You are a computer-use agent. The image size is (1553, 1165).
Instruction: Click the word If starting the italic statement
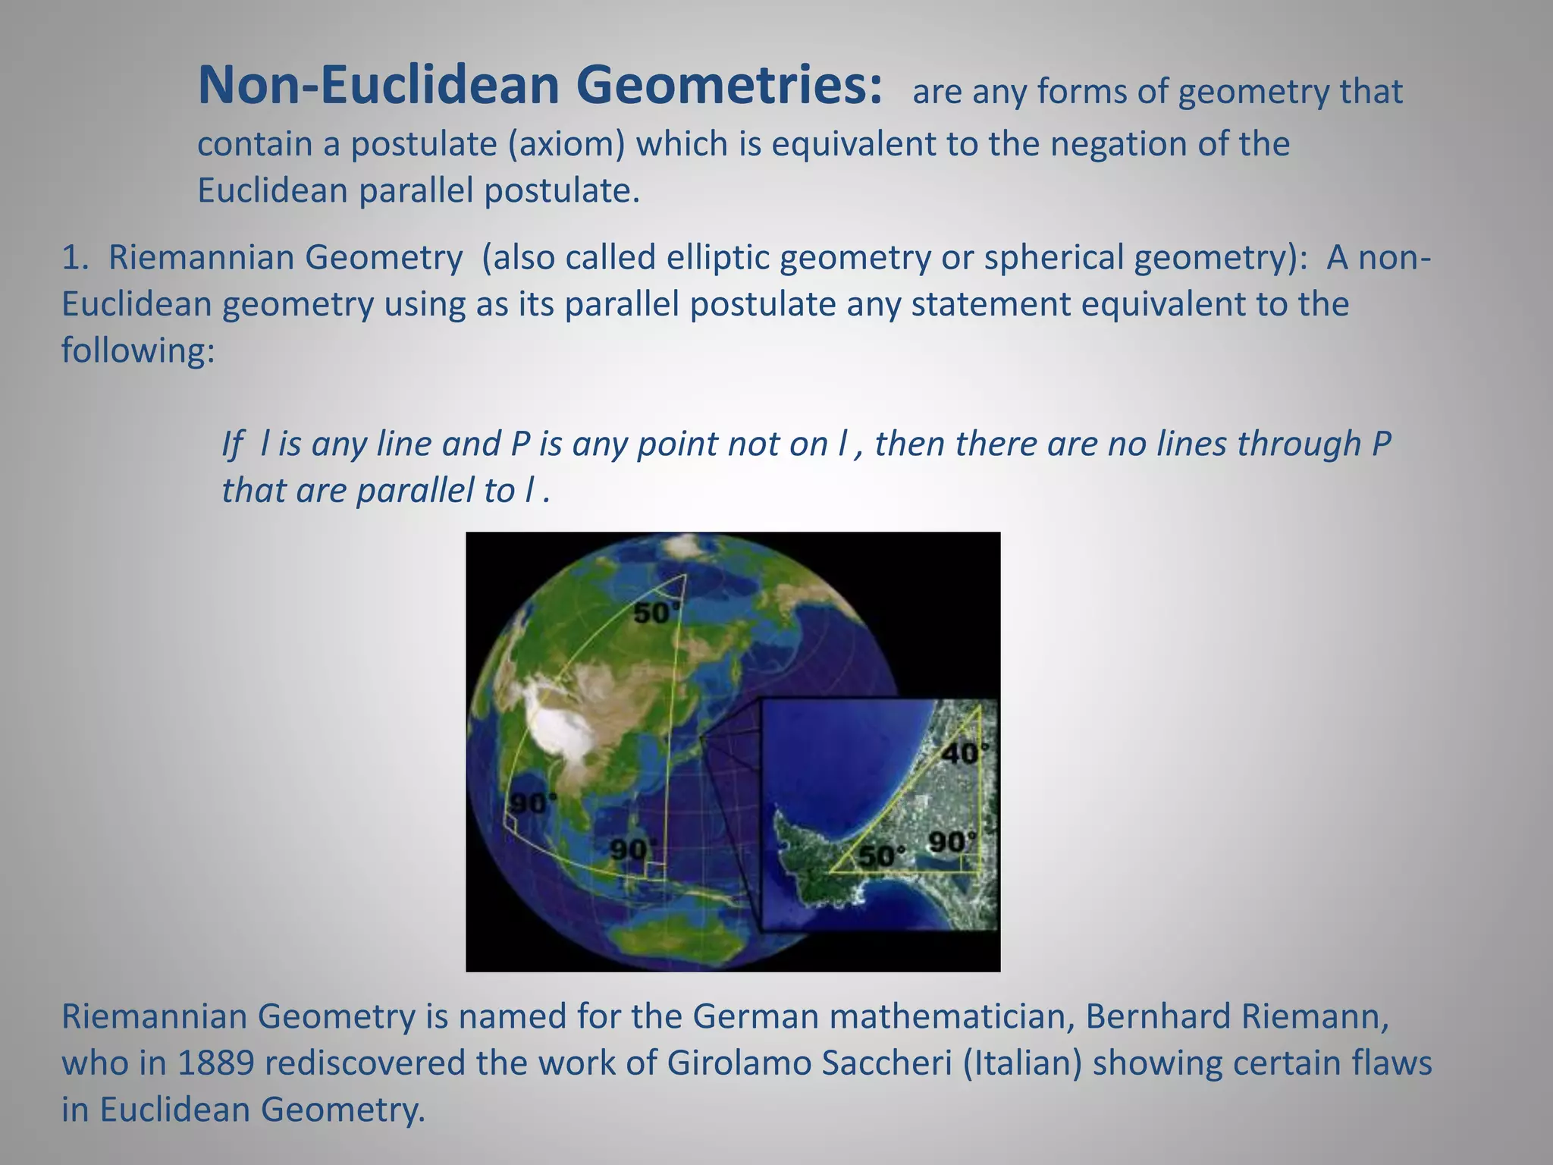[231, 444]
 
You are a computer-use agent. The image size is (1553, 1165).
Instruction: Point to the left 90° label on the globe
[533, 802]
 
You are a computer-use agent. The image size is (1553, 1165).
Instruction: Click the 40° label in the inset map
[965, 754]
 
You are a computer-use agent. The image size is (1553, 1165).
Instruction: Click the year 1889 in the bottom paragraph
[215, 1063]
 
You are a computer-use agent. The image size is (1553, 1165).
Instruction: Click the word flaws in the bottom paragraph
[1391, 1063]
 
